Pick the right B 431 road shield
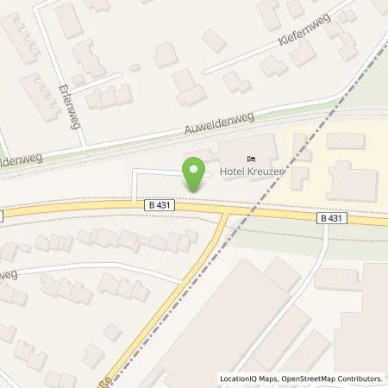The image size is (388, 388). click(333, 219)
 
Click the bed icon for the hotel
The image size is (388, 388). click(251, 159)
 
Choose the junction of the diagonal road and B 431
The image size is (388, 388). click(226, 212)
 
